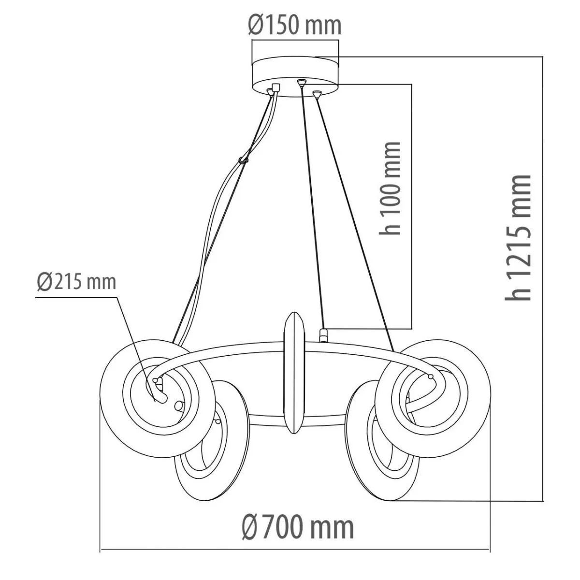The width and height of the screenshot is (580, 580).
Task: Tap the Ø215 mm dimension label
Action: [x=77, y=282]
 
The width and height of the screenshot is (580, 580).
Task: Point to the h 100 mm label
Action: [x=391, y=188]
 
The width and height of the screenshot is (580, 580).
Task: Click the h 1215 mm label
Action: [x=518, y=237]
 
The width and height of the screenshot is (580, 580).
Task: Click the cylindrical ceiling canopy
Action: [x=295, y=77]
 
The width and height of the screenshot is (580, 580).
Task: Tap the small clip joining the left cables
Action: [x=243, y=160]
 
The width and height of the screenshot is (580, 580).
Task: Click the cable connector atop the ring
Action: [x=323, y=335]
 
